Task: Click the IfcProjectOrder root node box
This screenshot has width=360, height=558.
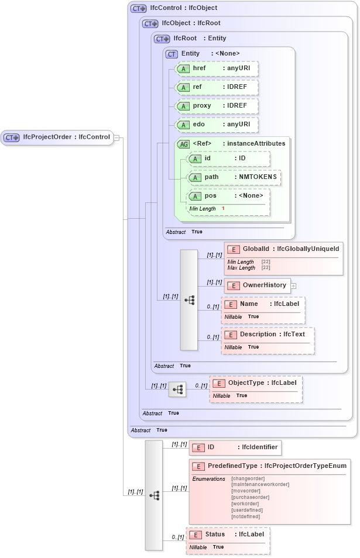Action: click(x=57, y=137)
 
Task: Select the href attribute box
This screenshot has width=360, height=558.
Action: click(x=216, y=68)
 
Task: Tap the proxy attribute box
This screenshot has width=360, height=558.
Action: click(x=216, y=106)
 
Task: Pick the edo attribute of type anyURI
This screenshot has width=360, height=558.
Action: click(x=216, y=125)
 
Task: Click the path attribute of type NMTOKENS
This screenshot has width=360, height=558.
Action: click(x=234, y=177)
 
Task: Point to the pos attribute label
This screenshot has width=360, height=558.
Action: click(x=210, y=195)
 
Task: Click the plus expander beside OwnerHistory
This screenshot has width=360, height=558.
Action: click(x=294, y=286)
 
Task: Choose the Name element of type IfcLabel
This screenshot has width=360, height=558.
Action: click(x=263, y=304)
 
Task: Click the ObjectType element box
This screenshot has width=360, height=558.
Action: click(x=256, y=383)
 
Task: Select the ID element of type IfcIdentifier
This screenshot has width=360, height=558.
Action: click(x=235, y=447)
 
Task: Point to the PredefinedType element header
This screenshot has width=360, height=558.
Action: click(x=269, y=466)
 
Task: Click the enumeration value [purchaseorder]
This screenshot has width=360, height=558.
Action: click(x=251, y=497)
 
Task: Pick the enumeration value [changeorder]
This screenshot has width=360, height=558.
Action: click(x=248, y=478)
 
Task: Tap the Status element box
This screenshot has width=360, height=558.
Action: click(x=228, y=535)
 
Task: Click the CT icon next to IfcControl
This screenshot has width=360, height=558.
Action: click(x=139, y=8)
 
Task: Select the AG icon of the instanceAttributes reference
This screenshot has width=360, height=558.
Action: click(x=184, y=144)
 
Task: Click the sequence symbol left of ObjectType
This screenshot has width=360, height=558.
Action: click(x=177, y=389)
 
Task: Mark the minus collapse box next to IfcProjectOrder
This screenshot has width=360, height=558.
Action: click(x=116, y=138)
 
